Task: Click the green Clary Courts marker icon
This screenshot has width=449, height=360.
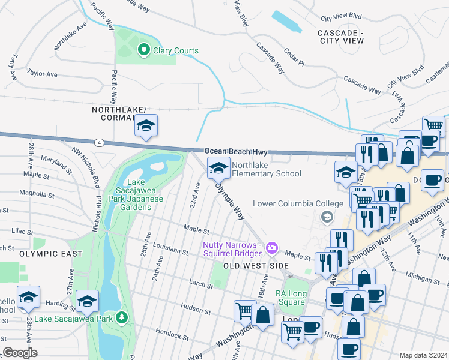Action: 144,50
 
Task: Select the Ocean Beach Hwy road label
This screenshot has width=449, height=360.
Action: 235,152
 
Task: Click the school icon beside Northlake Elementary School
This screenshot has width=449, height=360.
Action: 218,168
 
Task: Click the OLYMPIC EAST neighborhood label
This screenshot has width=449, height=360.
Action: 50,254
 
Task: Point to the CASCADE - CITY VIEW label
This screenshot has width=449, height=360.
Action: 340,36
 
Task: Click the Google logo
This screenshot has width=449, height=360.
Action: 20,353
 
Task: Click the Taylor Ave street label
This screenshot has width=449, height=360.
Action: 42,74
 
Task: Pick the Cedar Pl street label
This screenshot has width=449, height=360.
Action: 294,57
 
